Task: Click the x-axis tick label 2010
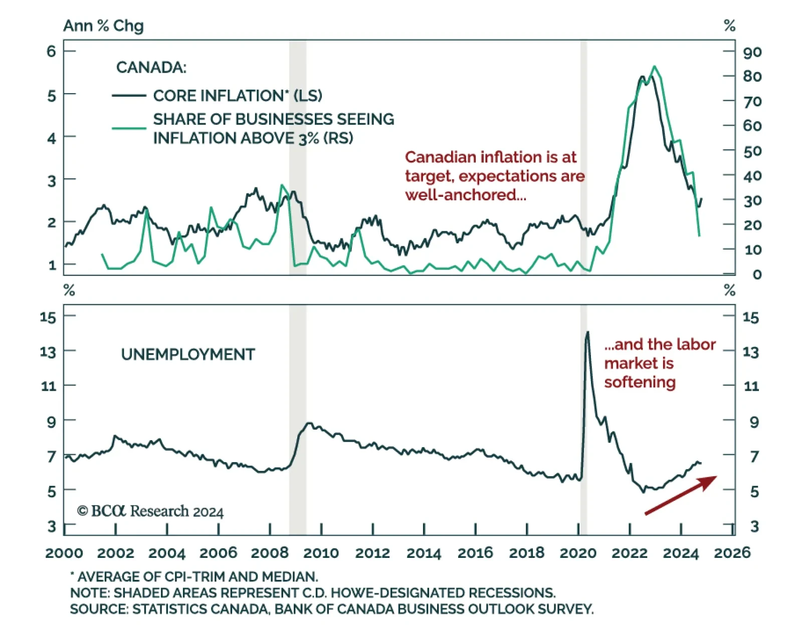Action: [321, 553]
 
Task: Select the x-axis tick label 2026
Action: [732, 553]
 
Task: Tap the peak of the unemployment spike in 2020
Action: [587, 332]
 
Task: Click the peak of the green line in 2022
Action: [654, 67]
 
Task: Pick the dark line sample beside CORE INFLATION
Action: [129, 96]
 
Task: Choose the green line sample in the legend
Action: [129, 128]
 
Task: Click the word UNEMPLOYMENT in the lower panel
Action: [188, 355]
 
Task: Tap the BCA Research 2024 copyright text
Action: [150, 511]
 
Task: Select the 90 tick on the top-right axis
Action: [752, 52]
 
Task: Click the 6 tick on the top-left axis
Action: [52, 51]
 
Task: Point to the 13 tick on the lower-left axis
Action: [48, 352]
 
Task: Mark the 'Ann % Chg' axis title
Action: [103, 26]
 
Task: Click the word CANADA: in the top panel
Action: [151, 67]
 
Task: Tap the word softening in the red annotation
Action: [640, 383]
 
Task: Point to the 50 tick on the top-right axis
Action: [752, 151]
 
